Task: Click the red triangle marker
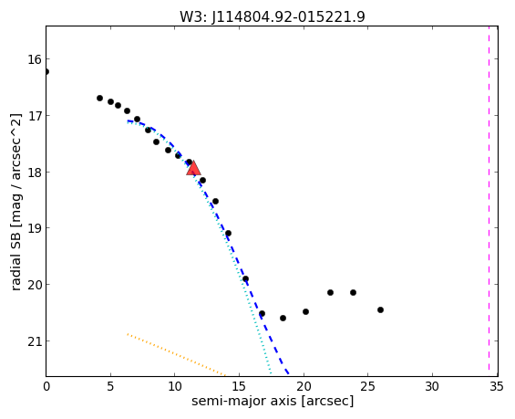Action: click(x=193, y=168)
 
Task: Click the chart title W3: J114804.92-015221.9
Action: click(x=273, y=17)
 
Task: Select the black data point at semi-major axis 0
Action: click(x=46, y=72)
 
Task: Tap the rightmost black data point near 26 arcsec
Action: click(x=380, y=309)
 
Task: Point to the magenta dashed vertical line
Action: click(x=489, y=201)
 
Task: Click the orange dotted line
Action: click(x=176, y=354)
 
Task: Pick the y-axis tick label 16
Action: click(x=35, y=60)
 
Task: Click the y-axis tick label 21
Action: click(x=35, y=341)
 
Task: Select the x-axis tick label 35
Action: click(x=496, y=387)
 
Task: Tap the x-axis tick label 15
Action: click(x=239, y=387)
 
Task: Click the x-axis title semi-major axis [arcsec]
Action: click(x=273, y=402)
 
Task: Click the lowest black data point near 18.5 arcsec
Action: click(x=283, y=318)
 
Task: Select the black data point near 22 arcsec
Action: click(x=330, y=292)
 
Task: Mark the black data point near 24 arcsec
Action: click(x=353, y=292)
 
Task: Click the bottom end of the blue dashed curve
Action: click(x=288, y=374)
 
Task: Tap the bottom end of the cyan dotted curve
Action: click(x=271, y=373)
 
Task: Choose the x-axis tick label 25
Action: click(x=367, y=387)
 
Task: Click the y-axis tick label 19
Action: click(x=35, y=228)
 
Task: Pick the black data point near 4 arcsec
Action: click(x=99, y=98)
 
